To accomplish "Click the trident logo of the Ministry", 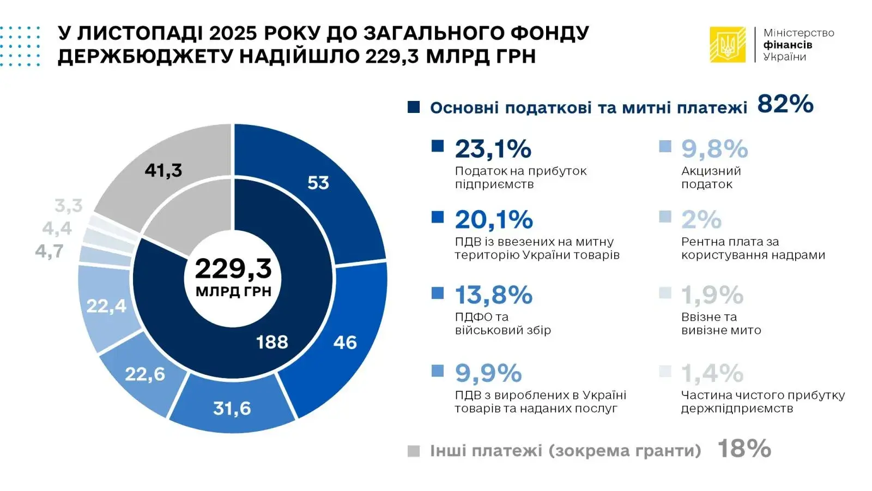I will [x=727, y=45].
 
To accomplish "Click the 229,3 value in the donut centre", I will [x=233, y=268].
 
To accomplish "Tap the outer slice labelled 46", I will [x=344, y=343].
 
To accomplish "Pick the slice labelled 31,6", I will [x=232, y=408].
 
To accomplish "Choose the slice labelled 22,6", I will [x=145, y=374].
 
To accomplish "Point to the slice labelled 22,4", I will [x=106, y=306].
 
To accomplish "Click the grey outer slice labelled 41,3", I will [x=163, y=170].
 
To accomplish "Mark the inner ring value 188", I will [x=272, y=342].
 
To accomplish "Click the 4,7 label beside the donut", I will [x=49, y=252].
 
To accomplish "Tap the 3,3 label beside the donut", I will [x=69, y=206].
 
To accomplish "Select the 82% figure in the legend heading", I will [x=785, y=104].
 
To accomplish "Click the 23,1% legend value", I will [x=493, y=149].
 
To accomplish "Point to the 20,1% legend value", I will [x=494, y=220].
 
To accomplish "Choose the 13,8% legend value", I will [x=493, y=295].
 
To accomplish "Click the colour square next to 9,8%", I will [x=665, y=146].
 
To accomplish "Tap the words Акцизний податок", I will [x=711, y=177].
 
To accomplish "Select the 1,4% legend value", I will [x=712, y=374].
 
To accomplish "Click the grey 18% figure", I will [x=744, y=449].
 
